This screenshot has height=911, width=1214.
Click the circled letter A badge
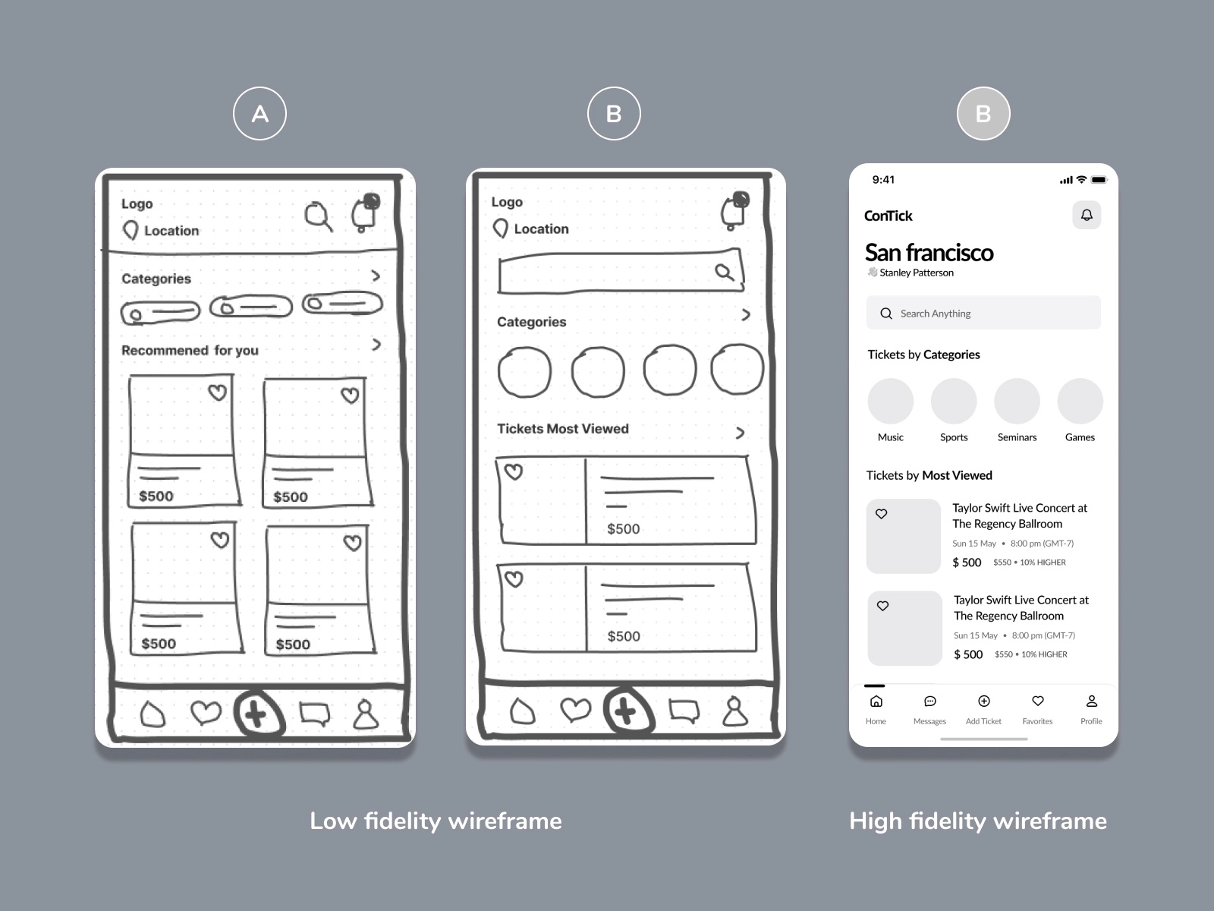tap(259, 114)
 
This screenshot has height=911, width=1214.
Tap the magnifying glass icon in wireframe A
tap(318, 216)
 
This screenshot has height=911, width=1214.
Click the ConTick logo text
tap(888, 216)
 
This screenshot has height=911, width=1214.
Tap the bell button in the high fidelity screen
tap(1087, 215)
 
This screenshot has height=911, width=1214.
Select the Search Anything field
tap(983, 313)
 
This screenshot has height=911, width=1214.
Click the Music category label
tap(890, 437)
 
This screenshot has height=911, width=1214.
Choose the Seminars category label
tap(1017, 437)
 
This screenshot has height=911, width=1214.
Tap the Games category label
tap(1080, 437)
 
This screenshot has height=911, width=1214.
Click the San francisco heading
tap(929, 253)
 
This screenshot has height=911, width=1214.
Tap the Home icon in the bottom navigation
tap(876, 701)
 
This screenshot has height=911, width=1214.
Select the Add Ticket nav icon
tap(983, 701)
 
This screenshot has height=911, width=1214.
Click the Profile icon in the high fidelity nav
tap(1091, 701)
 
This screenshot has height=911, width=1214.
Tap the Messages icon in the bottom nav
tap(929, 701)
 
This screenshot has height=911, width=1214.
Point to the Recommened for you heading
tap(190, 350)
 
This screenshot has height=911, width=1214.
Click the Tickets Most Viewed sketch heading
tap(562, 429)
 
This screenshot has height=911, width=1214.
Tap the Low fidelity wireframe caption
tap(436, 821)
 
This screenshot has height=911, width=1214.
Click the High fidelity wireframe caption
tap(977, 821)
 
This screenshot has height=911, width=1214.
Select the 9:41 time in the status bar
tap(883, 180)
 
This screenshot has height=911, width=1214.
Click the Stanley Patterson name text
tap(916, 273)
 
